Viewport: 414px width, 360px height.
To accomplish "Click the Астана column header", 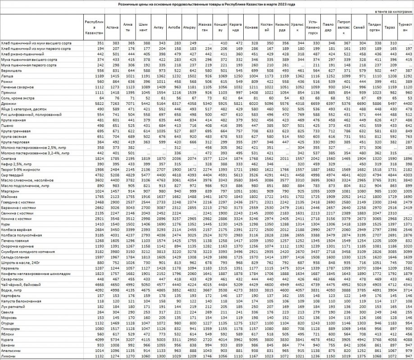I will point(113,27).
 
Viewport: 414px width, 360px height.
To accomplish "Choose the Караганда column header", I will point(236,27).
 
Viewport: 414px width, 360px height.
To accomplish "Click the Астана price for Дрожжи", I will point(113,103).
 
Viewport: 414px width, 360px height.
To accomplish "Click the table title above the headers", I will point(207,4).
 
